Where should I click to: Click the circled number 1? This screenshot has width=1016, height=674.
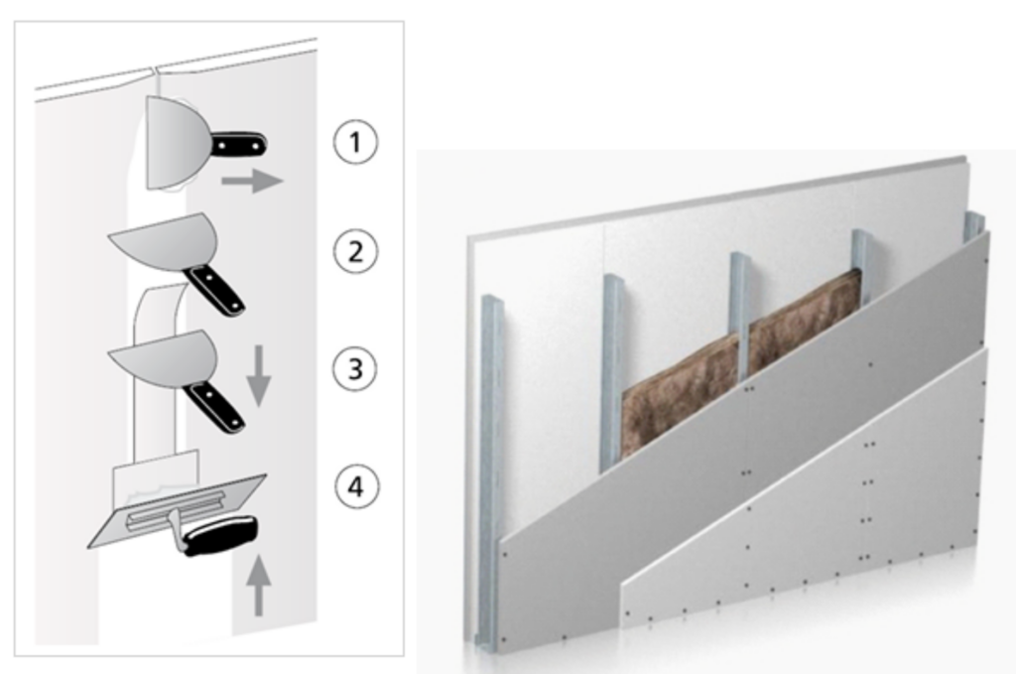355,142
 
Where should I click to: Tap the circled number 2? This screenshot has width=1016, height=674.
355,251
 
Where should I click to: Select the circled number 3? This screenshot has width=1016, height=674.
355,368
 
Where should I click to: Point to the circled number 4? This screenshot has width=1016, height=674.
356,486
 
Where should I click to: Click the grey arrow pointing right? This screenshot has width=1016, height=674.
252,181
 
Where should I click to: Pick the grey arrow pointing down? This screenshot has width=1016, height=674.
259,376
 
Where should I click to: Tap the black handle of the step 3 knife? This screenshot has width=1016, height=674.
213,407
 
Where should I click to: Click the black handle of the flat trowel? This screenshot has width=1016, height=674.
220,534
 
